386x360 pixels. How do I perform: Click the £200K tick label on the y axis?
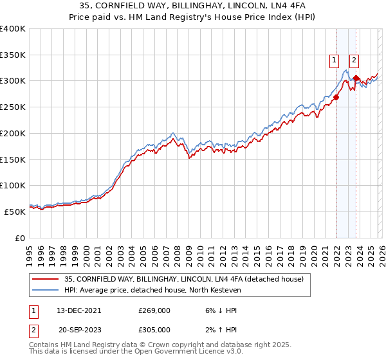[13, 133]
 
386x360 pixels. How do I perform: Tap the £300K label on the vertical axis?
[13, 81]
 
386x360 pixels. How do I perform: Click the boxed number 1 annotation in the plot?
[335, 61]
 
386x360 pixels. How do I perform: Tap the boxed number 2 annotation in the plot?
[354, 61]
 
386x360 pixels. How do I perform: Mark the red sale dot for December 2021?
[336, 97]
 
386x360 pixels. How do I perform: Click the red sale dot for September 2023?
[356, 78]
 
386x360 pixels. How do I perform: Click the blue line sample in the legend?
[46, 290]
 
